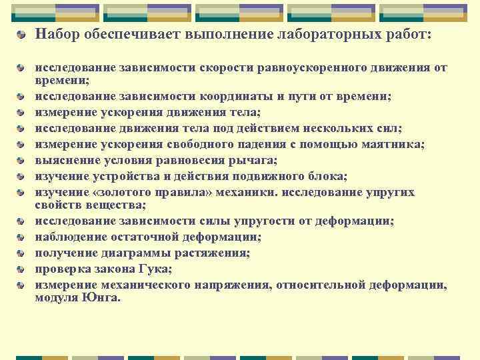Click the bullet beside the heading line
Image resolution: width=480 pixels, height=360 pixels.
coord(23,34)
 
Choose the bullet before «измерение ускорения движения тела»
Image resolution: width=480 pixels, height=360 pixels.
coord(23,111)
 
